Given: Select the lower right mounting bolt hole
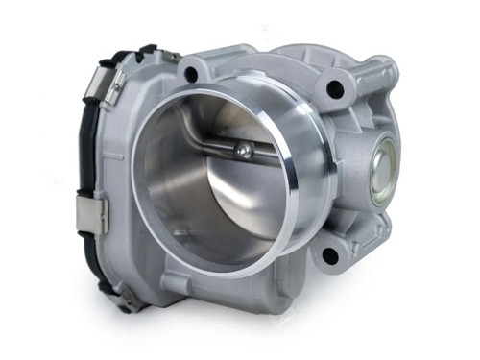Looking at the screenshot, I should coord(329,255).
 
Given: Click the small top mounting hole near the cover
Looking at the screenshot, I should coord(190,73).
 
